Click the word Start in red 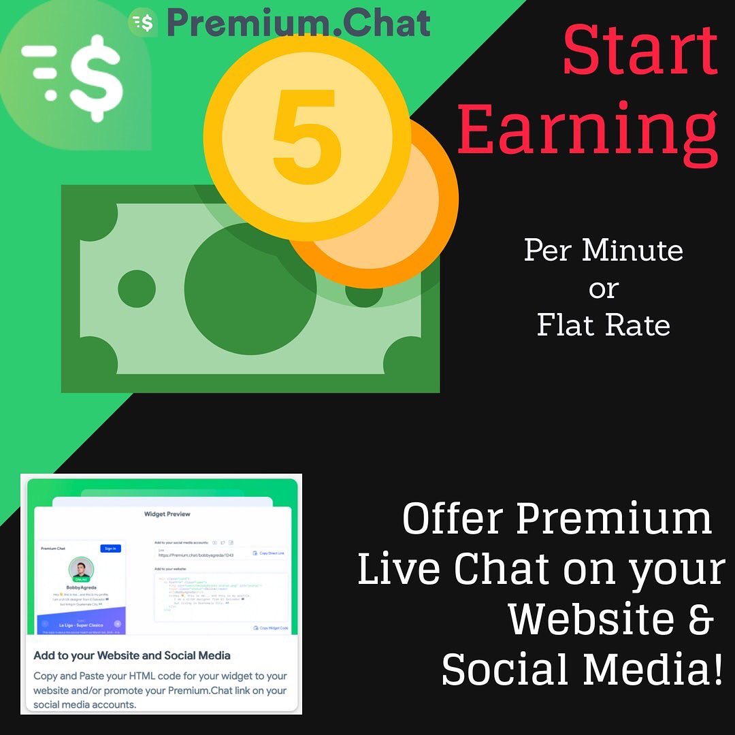(640, 52)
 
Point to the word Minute (632, 250)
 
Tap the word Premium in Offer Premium (613, 520)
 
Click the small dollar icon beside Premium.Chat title (143, 23)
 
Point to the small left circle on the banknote (137, 289)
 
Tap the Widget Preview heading (167, 514)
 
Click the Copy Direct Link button (269, 553)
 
